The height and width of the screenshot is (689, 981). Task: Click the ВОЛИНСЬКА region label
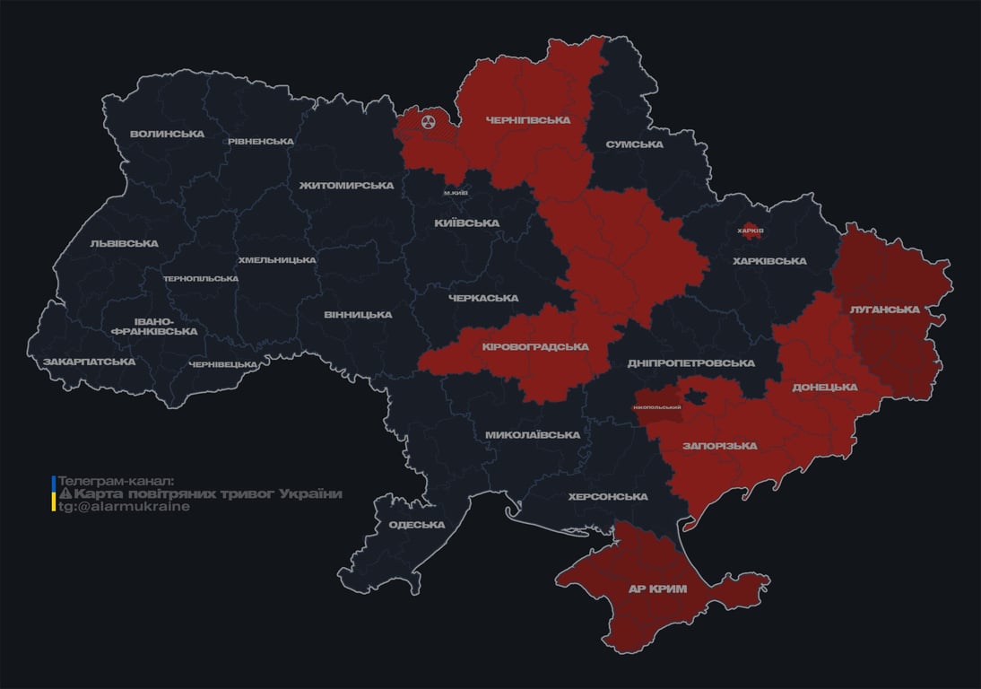point(167,134)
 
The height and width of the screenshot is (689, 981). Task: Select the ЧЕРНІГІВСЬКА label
point(527,119)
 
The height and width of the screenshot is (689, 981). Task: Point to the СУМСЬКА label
point(634,144)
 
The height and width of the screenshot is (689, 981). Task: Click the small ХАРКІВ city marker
point(750,231)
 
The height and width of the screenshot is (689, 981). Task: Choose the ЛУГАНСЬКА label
point(885,309)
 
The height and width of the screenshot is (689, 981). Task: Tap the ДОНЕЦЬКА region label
point(825,387)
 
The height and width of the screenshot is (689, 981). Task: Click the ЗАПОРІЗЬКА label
point(719,445)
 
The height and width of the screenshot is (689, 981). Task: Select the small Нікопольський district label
point(657,407)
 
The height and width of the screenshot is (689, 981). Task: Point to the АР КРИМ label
point(658,589)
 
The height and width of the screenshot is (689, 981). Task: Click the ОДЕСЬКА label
point(417,525)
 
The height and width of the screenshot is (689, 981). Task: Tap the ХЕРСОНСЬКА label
point(608,496)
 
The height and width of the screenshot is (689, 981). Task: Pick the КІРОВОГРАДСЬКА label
point(535,346)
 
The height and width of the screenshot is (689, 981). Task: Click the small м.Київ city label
point(456,193)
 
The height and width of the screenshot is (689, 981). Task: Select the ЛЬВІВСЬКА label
point(124,243)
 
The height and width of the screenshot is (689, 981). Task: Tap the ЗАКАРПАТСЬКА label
point(89,362)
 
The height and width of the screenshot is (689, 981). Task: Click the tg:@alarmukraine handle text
point(124,506)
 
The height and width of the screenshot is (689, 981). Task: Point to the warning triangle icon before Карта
point(65,493)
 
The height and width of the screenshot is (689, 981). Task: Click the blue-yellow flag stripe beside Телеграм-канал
point(54,493)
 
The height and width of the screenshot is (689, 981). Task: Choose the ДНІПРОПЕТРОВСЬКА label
point(690,363)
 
